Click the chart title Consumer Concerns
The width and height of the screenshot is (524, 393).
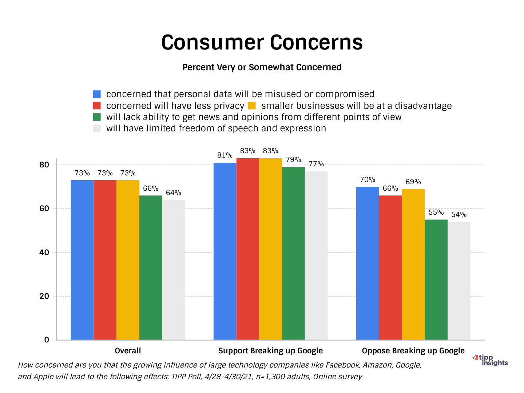point(262,43)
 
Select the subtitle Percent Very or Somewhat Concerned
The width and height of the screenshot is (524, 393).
point(262,67)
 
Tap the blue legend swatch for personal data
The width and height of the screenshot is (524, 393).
point(97,94)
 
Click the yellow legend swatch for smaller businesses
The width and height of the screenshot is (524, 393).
point(252,106)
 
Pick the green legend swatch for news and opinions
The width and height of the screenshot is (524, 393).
point(97,117)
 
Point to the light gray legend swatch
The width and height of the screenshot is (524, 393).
point(97,128)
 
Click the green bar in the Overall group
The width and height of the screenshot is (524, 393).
point(151,267)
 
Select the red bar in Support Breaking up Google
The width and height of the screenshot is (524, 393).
point(248,249)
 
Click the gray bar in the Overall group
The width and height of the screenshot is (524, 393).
point(174,270)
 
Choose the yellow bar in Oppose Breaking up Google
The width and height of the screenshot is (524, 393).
point(413,264)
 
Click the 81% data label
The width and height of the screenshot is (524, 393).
point(225,155)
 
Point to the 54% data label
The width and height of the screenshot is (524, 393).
point(459,215)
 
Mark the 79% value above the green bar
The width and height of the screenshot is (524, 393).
point(293,160)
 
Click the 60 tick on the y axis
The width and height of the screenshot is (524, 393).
point(44,209)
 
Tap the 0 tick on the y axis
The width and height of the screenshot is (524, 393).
point(47,340)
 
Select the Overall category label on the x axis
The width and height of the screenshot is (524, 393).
point(128,351)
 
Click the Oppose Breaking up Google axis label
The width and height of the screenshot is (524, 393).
point(413,351)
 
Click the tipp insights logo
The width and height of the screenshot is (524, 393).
point(491,360)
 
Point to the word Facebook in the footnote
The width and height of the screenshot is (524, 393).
point(342,365)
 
